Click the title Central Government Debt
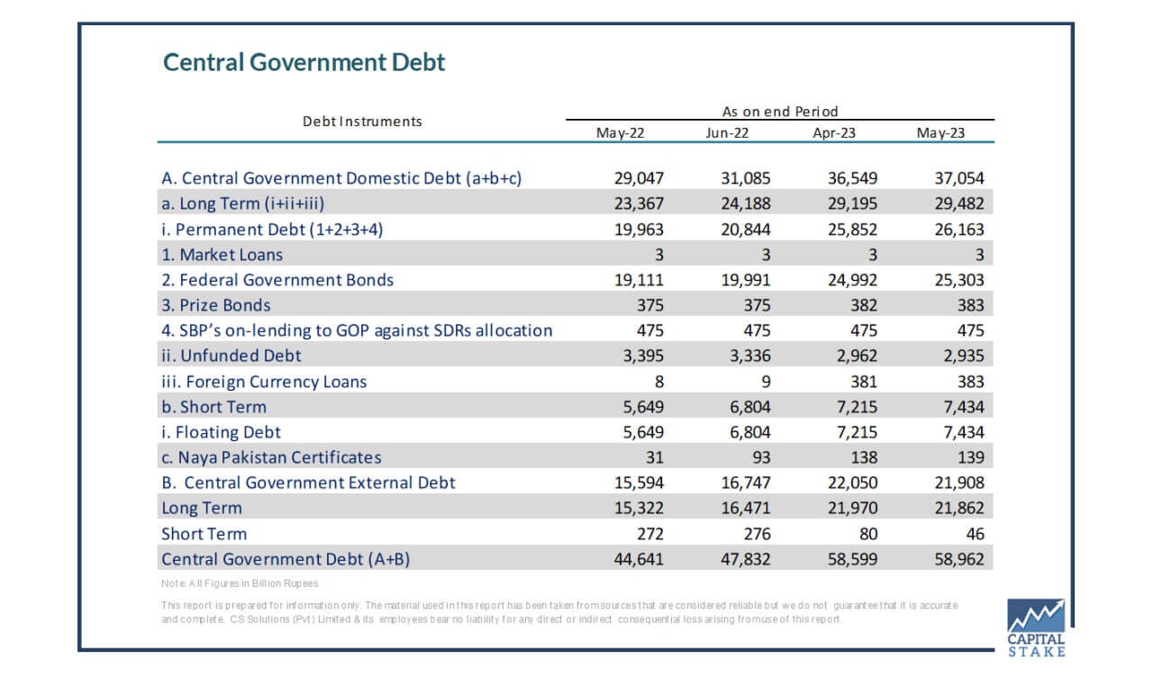pyautogui.click(x=304, y=62)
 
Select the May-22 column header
pyautogui.click(x=621, y=132)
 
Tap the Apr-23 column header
pyautogui.click(x=834, y=132)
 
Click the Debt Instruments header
pyautogui.click(x=362, y=122)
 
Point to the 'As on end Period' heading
pyautogui.click(x=780, y=111)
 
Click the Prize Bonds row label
pyautogui.click(x=215, y=305)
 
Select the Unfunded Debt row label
pyautogui.click(x=232, y=356)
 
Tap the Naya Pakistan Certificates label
pyautogui.click(x=271, y=457)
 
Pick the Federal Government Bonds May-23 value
pyautogui.click(x=959, y=280)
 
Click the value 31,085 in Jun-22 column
pyautogui.click(x=745, y=178)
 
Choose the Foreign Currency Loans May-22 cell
pyautogui.click(x=658, y=382)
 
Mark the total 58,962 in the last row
pyautogui.click(x=959, y=559)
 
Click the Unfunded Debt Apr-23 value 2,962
pyautogui.click(x=857, y=356)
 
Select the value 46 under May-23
pyautogui.click(x=975, y=534)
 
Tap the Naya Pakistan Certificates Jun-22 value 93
pyautogui.click(x=761, y=457)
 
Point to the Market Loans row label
pyautogui.click(x=222, y=255)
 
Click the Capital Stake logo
pyautogui.click(x=1036, y=628)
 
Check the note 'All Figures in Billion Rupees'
pyautogui.click(x=240, y=583)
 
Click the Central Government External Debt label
pyautogui.click(x=308, y=483)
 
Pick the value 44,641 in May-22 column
pyautogui.click(x=639, y=559)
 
